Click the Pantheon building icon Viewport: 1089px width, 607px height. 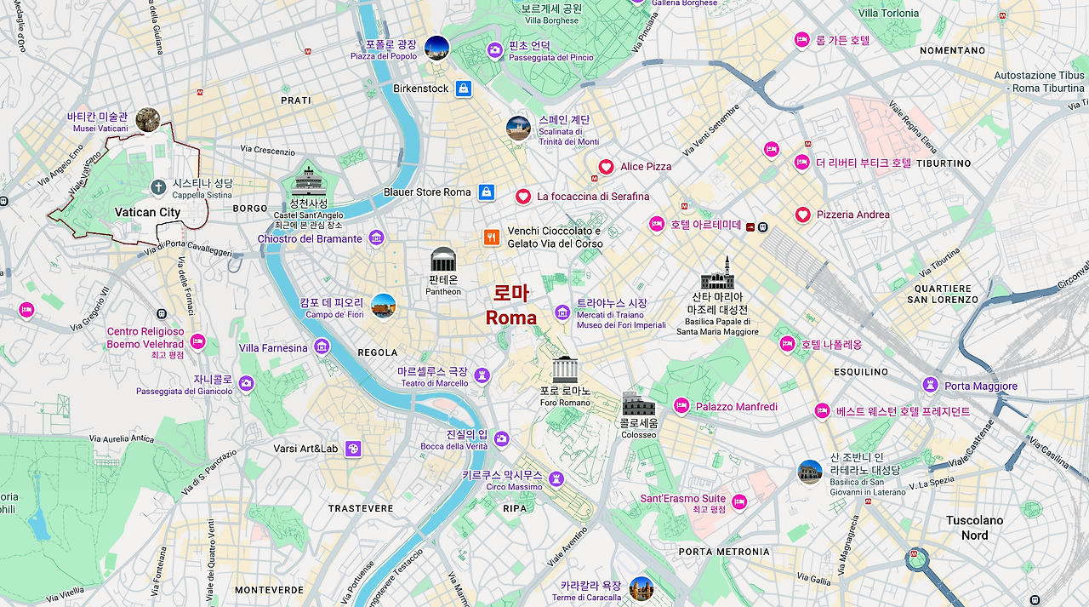(x=443, y=259)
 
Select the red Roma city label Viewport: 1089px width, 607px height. (x=511, y=306)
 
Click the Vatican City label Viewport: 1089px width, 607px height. (x=148, y=212)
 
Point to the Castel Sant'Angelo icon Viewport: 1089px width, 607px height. (x=305, y=181)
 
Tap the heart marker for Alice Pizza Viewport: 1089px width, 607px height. (x=606, y=167)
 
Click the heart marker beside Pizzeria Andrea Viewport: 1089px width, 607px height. (x=802, y=215)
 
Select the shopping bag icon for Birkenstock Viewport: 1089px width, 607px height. (x=463, y=89)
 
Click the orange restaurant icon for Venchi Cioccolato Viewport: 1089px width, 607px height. (x=491, y=238)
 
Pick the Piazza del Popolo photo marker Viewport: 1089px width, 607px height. (x=436, y=48)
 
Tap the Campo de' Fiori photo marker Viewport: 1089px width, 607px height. (x=384, y=306)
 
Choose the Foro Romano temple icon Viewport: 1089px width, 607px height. (x=565, y=369)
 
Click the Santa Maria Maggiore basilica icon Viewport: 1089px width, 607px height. (x=716, y=274)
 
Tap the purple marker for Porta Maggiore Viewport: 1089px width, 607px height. (x=930, y=386)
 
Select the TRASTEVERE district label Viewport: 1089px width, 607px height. (x=361, y=508)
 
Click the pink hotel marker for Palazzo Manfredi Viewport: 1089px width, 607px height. (x=681, y=406)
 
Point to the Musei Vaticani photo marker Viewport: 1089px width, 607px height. (x=148, y=120)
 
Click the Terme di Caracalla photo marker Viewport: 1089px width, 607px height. (x=641, y=588)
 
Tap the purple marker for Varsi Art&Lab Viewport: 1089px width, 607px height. (x=353, y=449)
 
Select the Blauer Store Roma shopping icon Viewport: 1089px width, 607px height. (x=486, y=192)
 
